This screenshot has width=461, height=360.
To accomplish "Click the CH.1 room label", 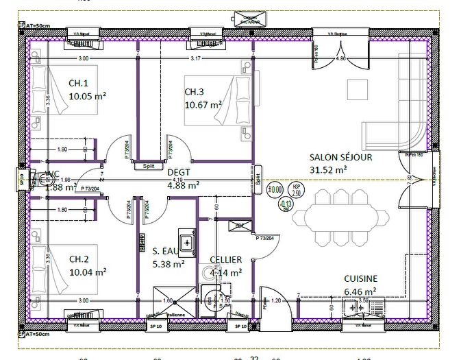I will click(79, 83).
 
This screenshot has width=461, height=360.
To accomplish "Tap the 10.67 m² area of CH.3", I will click(203, 105).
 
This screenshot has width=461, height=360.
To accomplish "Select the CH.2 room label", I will click(79, 259).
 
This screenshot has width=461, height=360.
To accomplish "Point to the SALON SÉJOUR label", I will click(340, 157).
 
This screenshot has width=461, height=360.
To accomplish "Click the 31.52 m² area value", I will click(328, 169).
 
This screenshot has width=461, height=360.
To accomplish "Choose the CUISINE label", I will click(360, 278).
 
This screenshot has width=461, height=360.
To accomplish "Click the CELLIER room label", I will click(226, 260).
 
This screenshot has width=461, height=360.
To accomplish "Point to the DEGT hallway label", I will click(178, 172).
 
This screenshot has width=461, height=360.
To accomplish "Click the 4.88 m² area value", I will click(183, 184).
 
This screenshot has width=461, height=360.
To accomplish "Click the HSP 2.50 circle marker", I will click(296, 189).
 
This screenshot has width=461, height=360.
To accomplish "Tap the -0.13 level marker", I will click(286, 203).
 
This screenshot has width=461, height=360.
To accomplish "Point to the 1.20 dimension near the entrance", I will click(277, 300).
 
